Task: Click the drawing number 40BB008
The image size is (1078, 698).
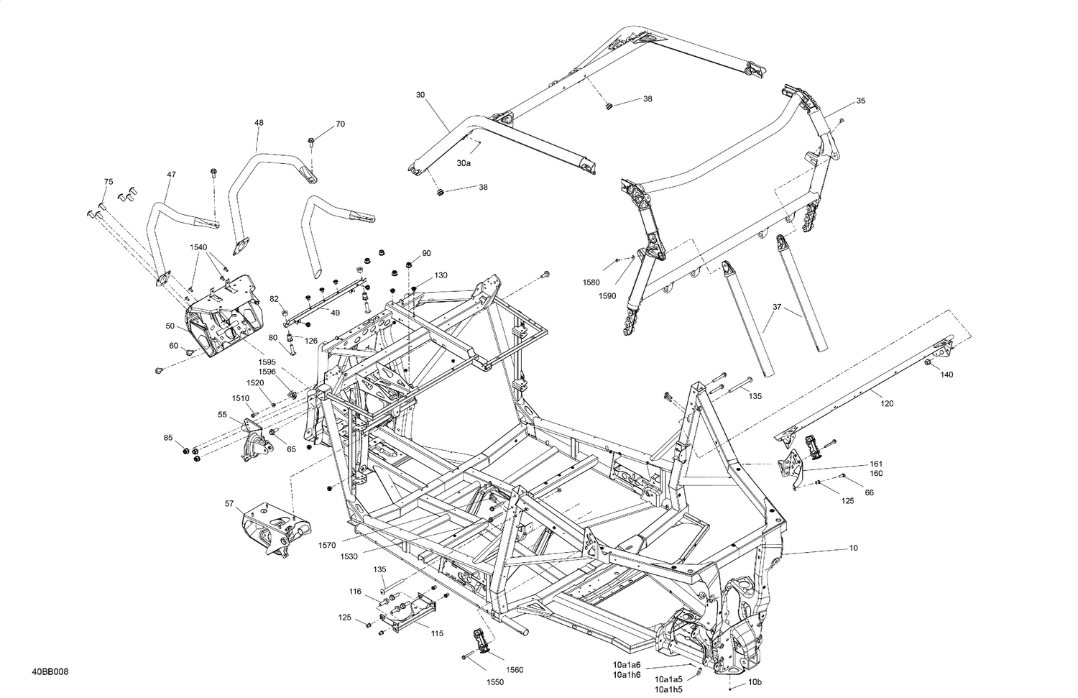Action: [x=50, y=672]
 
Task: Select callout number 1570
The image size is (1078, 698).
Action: [x=327, y=546]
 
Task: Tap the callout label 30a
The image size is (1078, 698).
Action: [x=464, y=164]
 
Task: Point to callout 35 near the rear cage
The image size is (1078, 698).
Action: [x=861, y=101]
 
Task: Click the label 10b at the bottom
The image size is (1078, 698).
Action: [x=755, y=681]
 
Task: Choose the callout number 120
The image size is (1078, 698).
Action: [x=887, y=403]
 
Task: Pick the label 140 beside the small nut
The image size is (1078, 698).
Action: [x=947, y=375]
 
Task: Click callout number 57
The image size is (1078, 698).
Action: [x=229, y=504]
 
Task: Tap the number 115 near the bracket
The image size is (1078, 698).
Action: [x=437, y=633]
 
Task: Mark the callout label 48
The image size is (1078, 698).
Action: [x=259, y=123]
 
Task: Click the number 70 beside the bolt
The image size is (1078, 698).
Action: [x=340, y=124]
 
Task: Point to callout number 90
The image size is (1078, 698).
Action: [x=426, y=253]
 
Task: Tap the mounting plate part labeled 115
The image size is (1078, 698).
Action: [x=406, y=611]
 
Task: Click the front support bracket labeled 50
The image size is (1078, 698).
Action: [x=219, y=323]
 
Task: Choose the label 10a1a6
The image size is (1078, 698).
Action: [x=627, y=665]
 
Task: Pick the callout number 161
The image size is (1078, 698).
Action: [x=876, y=464]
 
